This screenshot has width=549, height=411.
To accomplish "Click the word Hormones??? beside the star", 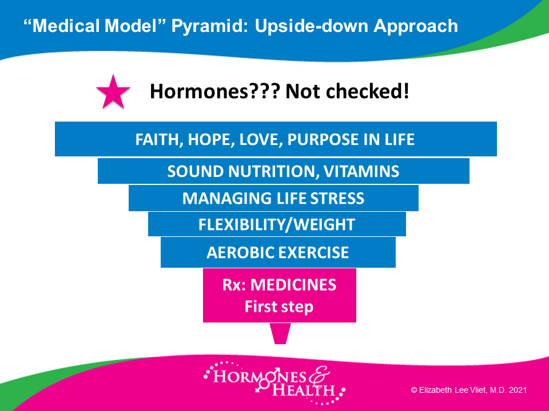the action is click(215, 91).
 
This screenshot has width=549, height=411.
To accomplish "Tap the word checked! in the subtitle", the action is click(367, 91).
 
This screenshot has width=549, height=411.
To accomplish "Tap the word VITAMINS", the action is click(361, 172).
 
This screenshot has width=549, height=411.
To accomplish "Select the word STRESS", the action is click(337, 199).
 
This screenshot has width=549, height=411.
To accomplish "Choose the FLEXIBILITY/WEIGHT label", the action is click(277, 225).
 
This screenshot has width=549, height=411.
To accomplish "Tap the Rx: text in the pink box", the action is click(234, 285).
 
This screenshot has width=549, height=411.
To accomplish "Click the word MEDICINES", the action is click(293, 285).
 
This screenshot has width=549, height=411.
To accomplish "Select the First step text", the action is click(279, 307).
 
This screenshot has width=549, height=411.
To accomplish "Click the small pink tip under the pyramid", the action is click(280, 333).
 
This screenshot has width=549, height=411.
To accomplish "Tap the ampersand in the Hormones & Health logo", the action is click(319, 375).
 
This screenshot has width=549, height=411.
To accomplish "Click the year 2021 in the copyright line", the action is click(518, 390).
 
